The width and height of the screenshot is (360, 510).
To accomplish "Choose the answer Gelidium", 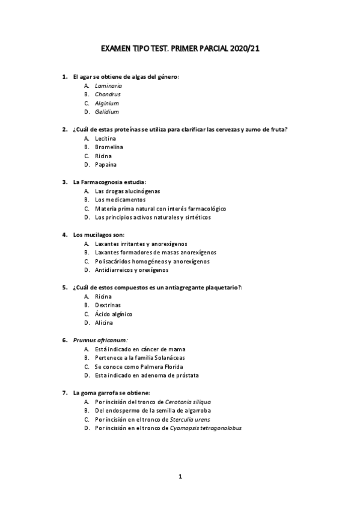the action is (x=107, y=112).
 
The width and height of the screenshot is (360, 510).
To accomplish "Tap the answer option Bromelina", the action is (x=109, y=147).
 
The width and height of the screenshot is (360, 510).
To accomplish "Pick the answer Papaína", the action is (x=106, y=164).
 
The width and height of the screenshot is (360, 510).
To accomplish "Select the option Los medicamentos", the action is (x=120, y=200).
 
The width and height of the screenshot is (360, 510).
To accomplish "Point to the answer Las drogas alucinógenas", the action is (x=127, y=191).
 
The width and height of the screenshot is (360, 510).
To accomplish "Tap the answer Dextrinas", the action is (x=108, y=306).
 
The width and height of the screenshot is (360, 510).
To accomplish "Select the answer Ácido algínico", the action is (x=114, y=314).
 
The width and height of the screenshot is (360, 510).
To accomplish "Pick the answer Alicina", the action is (x=104, y=323).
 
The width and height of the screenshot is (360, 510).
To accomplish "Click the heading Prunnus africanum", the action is (x=100, y=340).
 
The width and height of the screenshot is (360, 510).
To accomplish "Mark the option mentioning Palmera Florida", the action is (x=139, y=367).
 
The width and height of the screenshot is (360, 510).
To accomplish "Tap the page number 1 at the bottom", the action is (x=180, y=477).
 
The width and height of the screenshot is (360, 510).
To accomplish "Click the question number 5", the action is (x=65, y=287).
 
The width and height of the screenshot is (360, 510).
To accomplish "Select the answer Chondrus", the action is (x=108, y=94).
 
